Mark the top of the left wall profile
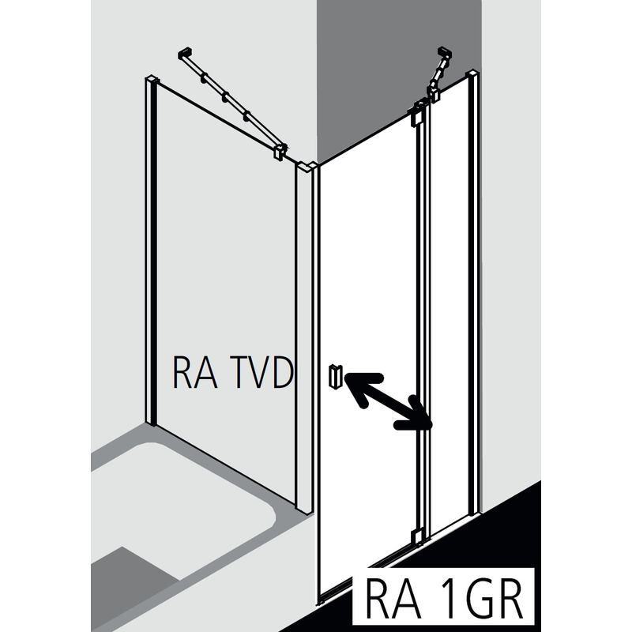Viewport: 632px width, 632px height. click(152, 80)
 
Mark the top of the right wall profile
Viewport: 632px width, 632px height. click(472, 74)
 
